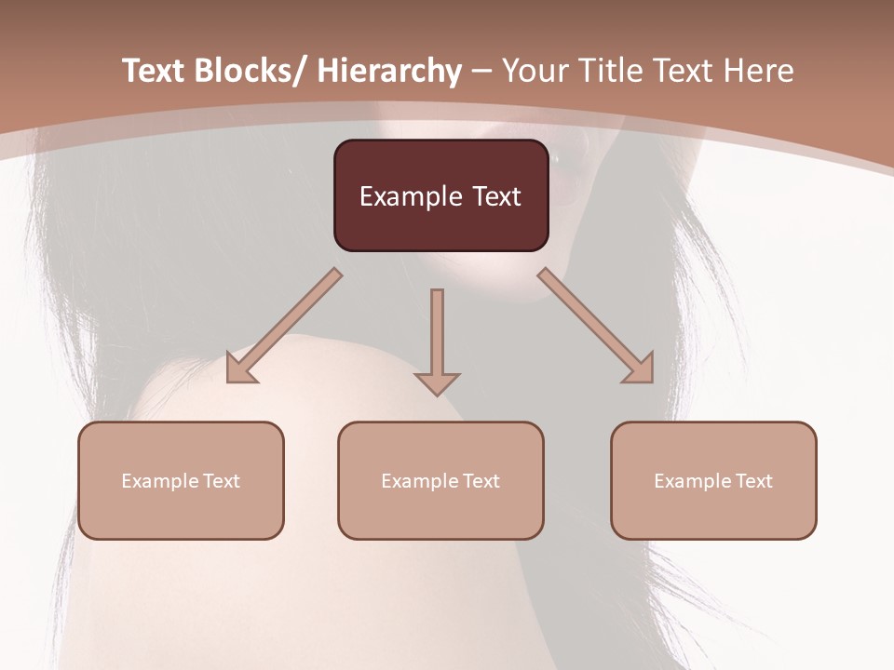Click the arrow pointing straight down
(x=437, y=340)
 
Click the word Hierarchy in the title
(x=389, y=71)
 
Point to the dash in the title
(x=481, y=72)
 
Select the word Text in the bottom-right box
(x=753, y=481)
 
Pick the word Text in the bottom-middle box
(x=481, y=481)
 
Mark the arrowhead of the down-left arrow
(x=239, y=368)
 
